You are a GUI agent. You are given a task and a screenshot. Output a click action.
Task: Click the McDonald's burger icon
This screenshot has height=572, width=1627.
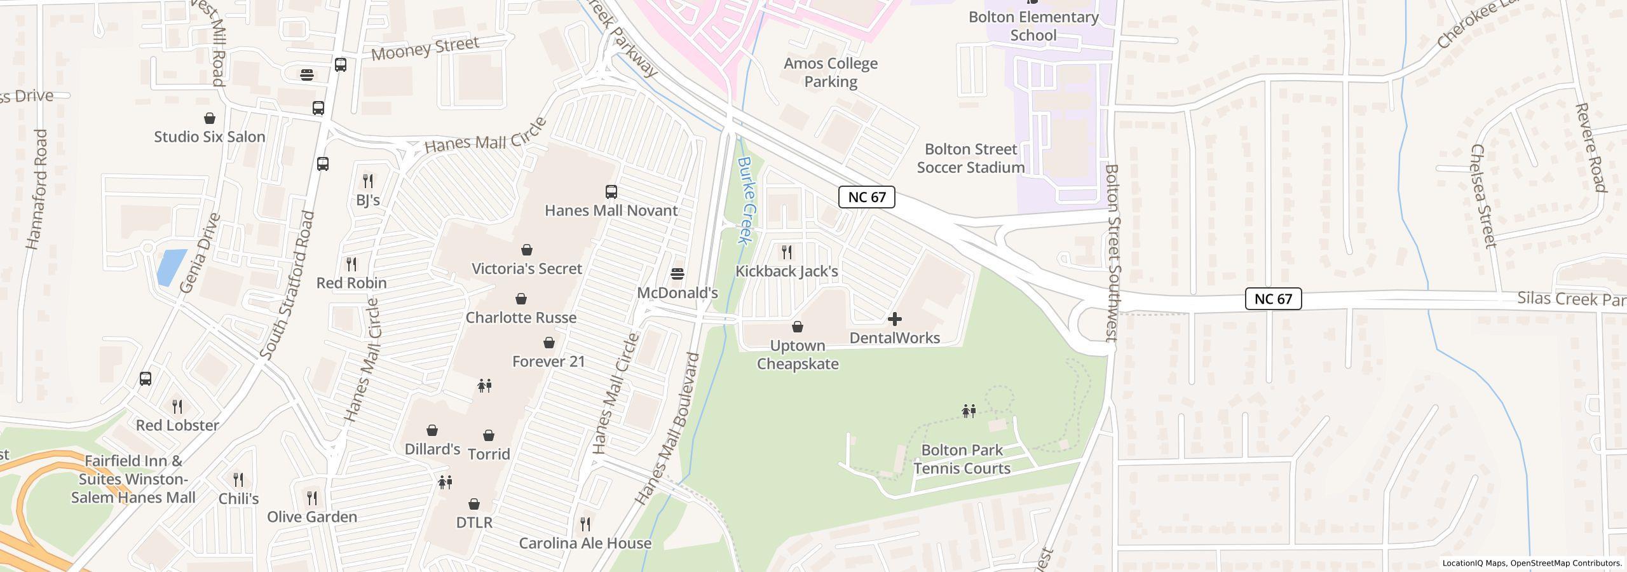tap(677, 274)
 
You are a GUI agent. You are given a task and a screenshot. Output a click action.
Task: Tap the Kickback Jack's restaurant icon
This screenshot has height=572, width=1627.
tap(787, 252)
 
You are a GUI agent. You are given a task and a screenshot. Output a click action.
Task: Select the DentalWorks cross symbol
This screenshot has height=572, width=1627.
tap(895, 319)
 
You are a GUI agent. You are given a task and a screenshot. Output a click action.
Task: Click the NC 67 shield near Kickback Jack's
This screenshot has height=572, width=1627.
tap(867, 197)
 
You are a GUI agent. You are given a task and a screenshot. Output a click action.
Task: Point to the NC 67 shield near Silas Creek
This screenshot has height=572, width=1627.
tap(1273, 299)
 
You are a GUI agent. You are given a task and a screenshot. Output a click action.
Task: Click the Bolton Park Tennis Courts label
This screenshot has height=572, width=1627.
tap(962, 460)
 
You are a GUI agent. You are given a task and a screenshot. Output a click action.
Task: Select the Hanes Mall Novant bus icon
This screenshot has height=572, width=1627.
tap(611, 191)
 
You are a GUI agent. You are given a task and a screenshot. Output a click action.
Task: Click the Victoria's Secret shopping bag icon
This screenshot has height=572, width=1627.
tap(527, 250)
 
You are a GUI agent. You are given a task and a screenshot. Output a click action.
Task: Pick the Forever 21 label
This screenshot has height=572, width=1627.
tap(548, 362)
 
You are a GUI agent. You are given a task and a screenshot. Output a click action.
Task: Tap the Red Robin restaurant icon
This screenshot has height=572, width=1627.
tap(351, 264)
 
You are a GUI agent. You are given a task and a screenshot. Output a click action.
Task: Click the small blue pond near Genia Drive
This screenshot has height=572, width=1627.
tap(171, 267)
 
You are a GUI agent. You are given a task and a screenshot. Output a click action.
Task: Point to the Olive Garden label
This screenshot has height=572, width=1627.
tap(312, 517)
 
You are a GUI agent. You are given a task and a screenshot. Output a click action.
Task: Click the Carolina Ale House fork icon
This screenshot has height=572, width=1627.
tap(585, 524)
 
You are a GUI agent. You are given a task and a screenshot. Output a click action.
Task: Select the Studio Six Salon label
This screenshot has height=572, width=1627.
tap(210, 137)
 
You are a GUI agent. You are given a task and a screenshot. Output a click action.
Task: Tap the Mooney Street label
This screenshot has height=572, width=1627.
tap(425, 48)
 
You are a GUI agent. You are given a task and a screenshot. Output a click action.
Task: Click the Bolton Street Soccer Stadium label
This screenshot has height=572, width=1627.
tap(970, 158)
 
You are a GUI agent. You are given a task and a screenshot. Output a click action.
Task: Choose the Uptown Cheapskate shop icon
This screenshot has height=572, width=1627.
tap(798, 327)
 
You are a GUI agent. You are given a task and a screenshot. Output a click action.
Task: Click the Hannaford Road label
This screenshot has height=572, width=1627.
tap(37, 189)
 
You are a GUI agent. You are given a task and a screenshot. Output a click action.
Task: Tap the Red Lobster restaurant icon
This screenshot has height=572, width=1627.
tap(177, 406)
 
